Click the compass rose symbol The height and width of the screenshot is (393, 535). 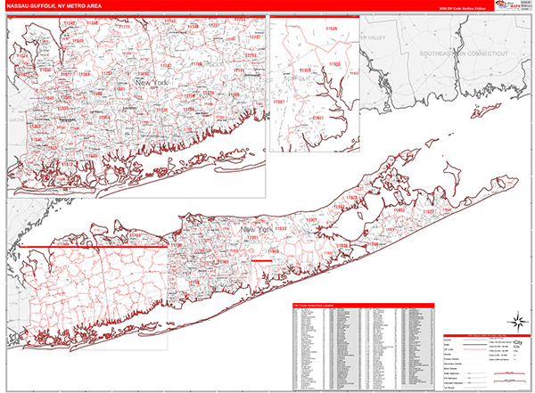coord(514,320)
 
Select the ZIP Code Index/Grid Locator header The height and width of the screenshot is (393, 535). coord(314,306)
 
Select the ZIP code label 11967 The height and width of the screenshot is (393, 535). coord(280,102)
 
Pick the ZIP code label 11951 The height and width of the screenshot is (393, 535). coord(317,117)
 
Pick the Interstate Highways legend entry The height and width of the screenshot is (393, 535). coord(459,356)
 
